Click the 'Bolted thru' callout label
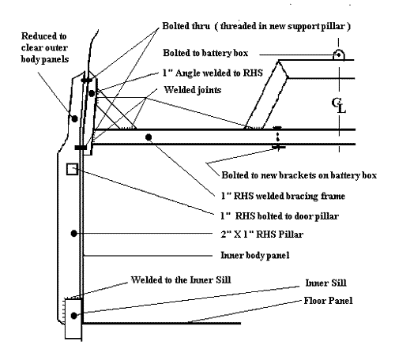pos(186,26)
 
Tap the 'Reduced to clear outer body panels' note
pos(44,47)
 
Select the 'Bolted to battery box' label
pos(205,53)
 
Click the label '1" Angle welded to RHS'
pos(213,73)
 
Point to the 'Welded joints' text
pos(193,90)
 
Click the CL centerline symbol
pos(339,106)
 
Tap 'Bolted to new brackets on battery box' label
pos(299,175)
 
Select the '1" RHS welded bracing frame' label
pos(283,196)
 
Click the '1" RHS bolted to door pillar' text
pos(280,216)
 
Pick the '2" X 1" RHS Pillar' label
pos(261,234)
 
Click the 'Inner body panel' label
pos(255,255)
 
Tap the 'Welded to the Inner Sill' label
pos(181,280)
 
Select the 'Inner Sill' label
pos(325,283)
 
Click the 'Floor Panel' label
pos(328,301)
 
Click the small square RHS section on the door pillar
pos(72,169)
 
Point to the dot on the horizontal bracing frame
pos(149,137)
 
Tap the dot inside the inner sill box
pos(74,315)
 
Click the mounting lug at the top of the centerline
pos(339,54)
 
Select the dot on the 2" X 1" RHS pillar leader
pos(74,233)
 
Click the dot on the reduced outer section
pos(74,118)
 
